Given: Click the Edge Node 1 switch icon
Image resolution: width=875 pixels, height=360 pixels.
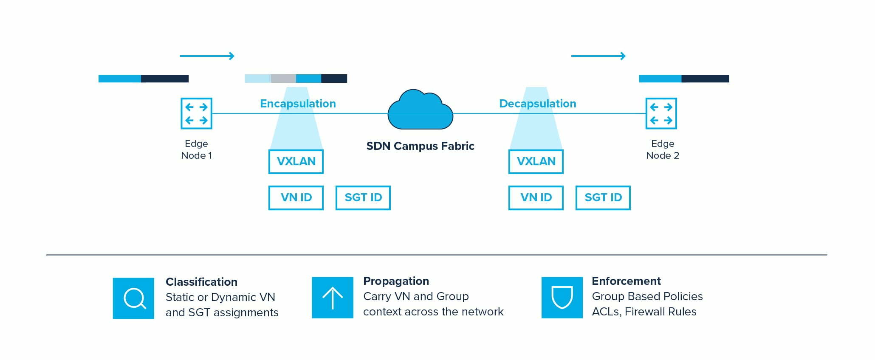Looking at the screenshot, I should [x=196, y=113].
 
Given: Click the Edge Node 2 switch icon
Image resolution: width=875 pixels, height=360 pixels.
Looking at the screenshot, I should [x=661, y=113].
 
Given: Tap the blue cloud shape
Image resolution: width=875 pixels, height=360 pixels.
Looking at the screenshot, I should [x=420, y=110].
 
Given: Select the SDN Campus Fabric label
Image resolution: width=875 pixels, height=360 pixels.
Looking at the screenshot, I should [x=420, y=146].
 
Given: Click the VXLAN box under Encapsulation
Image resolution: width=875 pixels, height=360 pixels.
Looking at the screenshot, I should [x=296, y=162].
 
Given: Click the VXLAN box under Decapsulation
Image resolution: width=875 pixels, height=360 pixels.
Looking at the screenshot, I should [x=536, y=162].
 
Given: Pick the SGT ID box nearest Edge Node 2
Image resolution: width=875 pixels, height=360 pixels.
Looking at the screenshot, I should [x=603, y=198].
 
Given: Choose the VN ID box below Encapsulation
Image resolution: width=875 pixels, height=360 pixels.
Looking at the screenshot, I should [x=296, y=198].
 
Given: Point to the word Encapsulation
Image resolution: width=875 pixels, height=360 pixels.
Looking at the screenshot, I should [x=298, y=104].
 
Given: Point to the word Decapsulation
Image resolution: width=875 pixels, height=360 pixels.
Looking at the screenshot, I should [x=537, y=104].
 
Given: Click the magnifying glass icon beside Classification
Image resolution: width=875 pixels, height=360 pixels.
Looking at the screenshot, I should [x=133, y=298].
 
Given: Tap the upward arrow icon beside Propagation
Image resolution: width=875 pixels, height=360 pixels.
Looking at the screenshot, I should [x=333, y=298].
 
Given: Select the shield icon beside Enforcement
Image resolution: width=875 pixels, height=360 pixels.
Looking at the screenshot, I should [x=562, y=298].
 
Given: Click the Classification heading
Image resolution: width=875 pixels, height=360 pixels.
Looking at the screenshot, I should [x=201, y=282].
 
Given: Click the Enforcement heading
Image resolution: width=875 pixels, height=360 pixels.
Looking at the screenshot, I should [x=626, y=281].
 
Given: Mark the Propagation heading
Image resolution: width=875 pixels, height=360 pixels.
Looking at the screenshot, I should [x=396, y=281].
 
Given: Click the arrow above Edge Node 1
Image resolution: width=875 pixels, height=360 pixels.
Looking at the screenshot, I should [x=207, y=56].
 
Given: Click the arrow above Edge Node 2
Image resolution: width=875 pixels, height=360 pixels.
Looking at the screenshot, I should [x=598, y=56].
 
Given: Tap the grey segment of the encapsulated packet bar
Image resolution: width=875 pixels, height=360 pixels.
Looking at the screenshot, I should [x=283, y=79].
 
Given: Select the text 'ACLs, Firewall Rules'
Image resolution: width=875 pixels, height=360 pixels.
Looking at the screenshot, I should [x=644, y=312].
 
